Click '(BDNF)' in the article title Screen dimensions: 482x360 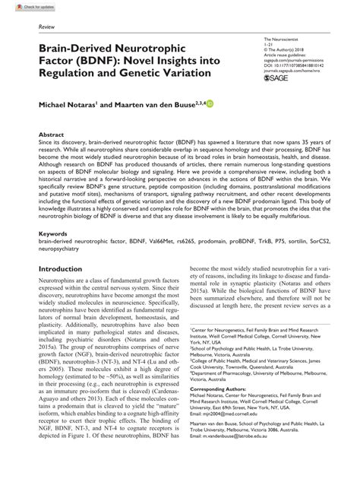coord(90,59)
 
